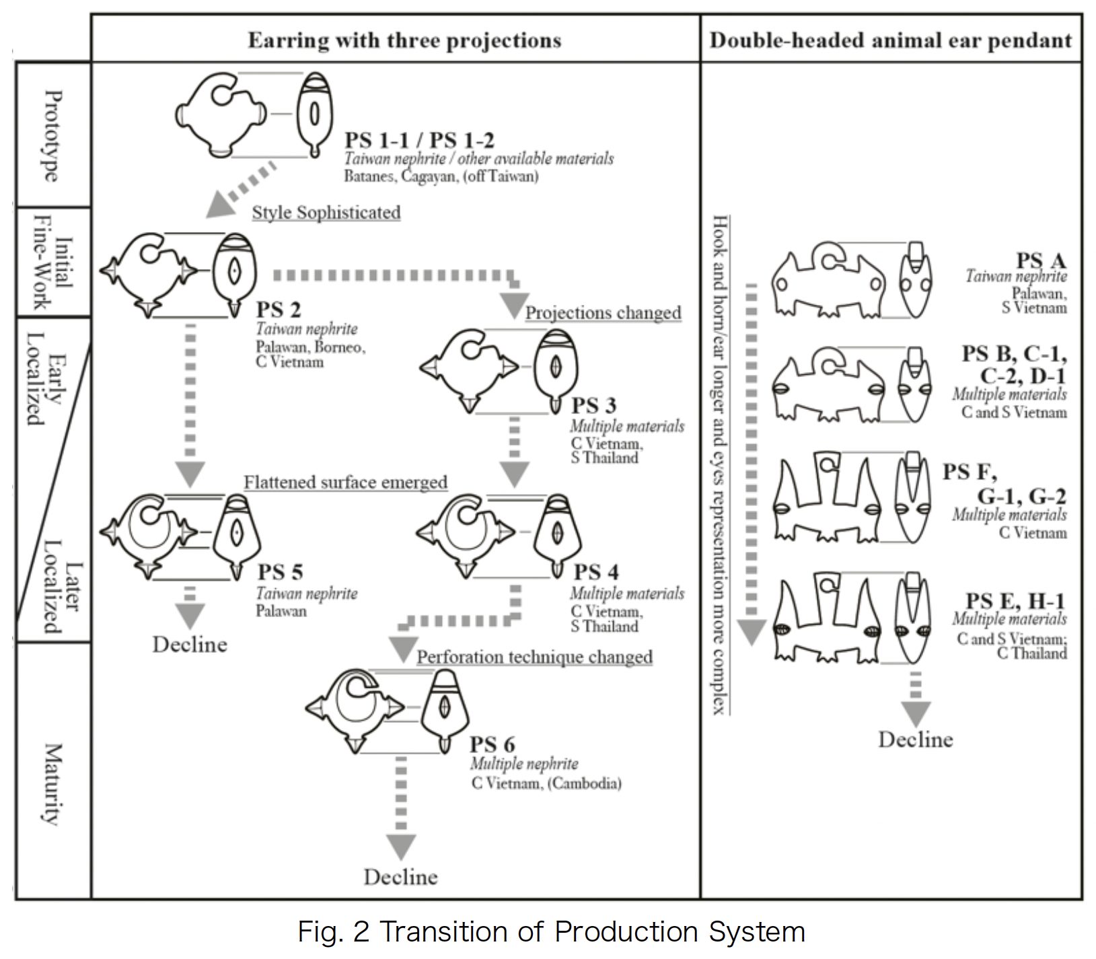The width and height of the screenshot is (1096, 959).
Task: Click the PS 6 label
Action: coord(492,745)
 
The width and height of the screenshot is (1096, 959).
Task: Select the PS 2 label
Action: coord(279,310)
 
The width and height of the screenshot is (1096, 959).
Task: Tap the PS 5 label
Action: coord(280,572)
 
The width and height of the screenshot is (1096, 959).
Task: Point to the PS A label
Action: coord(1041,261)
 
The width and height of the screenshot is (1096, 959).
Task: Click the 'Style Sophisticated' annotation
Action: coord(326,213)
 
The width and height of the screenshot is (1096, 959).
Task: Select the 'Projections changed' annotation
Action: coord(603,313)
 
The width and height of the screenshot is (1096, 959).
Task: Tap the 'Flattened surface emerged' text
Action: coord(345,483)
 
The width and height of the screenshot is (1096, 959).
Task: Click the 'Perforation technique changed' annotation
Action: coord(535,657)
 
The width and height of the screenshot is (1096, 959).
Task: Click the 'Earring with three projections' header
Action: coord(404,40)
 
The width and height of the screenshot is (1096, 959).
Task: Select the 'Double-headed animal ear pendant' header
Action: coord(890,40)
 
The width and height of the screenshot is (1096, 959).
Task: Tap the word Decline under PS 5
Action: coord(190,645)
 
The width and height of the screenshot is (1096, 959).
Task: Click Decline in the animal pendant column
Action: coord(916,740)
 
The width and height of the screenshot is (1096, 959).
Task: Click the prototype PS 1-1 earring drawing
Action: coord(222,114)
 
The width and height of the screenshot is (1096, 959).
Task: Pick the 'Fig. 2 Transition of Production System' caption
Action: coord(551,932)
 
